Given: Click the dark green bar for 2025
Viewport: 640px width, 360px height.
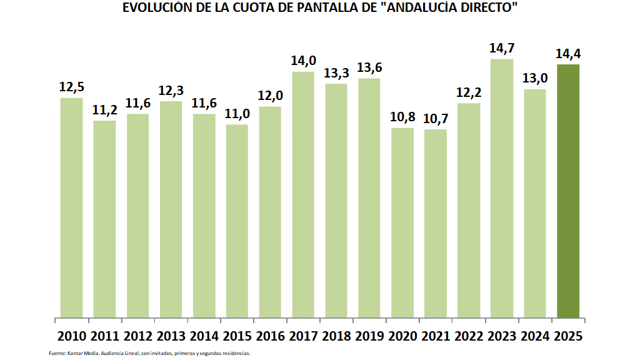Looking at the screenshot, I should [568, 191].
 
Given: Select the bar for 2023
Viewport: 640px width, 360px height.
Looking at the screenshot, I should [502, 187].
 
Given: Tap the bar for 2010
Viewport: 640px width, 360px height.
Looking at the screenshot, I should [71, 207].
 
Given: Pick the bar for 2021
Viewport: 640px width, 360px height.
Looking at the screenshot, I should [436, 222].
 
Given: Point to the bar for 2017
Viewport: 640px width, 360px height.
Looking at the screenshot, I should [303, 194].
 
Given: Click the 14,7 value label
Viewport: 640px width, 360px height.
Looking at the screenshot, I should [502, 48].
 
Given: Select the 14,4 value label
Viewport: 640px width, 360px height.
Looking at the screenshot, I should [568, 54].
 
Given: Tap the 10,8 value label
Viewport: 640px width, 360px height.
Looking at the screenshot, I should [402, 117].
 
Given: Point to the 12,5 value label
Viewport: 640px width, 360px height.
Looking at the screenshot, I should [71, 87].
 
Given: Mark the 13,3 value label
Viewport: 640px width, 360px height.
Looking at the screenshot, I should [336, 73].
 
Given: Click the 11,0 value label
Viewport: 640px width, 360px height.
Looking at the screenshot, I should [237, 114].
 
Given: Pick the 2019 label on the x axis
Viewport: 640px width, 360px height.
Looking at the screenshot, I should [369, 336].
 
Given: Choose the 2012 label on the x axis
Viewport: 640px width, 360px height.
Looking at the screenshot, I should [137, 336].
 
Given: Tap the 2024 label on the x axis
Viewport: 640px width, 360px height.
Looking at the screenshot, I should [535, 336].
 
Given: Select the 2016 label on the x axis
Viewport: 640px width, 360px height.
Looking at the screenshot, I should [270, 336].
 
